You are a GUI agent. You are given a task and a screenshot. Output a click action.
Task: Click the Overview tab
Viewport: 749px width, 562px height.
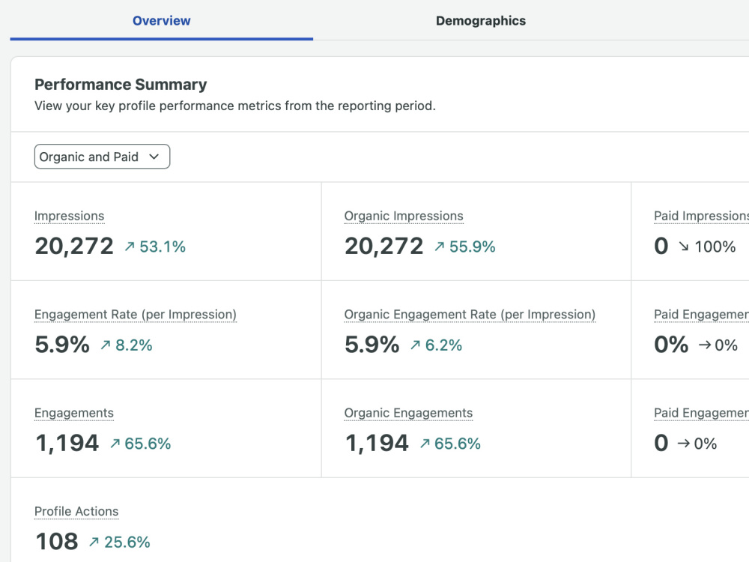(x=162, y=20)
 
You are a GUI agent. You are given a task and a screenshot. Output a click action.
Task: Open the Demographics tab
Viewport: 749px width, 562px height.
(x=481, y=20)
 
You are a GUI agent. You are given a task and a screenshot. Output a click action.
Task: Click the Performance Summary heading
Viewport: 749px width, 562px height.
(x=121, y=85)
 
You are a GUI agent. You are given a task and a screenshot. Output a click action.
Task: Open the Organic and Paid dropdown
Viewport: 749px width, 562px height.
(x=102, y=157)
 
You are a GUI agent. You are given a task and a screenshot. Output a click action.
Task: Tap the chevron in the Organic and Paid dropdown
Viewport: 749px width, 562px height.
(x=154, y=157)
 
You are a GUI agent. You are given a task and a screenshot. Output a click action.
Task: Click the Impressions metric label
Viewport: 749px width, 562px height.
(x=69, y=216)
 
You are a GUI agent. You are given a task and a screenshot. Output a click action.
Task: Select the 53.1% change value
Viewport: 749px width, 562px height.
(x=163, y=247)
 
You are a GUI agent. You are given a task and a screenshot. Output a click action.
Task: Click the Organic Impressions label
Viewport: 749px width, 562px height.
(x=404, y=216)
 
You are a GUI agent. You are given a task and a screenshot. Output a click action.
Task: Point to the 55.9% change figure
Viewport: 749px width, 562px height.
(x=472, y=247)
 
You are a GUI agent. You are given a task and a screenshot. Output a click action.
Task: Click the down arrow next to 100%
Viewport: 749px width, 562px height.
(x=684, y=247)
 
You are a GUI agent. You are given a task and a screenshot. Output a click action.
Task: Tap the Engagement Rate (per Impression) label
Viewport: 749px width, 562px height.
(x=136, y=315)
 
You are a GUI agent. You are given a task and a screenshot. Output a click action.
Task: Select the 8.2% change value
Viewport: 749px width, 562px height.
(x=134, y=345)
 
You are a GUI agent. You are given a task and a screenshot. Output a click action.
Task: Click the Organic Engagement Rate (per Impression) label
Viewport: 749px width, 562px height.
(x=470, y=315)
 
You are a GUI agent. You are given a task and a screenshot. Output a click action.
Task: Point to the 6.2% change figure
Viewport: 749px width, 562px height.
(x=443, y=345)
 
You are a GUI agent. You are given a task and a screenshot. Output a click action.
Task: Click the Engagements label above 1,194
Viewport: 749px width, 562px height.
(x=74, y=413)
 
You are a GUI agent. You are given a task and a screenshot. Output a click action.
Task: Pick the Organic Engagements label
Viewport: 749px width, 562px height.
(x=408, y=413)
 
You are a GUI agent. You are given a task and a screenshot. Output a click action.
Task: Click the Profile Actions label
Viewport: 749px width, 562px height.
(x=76, y=511)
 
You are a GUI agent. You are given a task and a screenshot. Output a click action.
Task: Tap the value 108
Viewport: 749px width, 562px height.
(x=57, y=542)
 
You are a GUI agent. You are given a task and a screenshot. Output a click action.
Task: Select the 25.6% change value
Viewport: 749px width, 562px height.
(x=127, y=542)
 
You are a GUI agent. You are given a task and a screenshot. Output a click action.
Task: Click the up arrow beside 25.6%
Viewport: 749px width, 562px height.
(x=94, y=542)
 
